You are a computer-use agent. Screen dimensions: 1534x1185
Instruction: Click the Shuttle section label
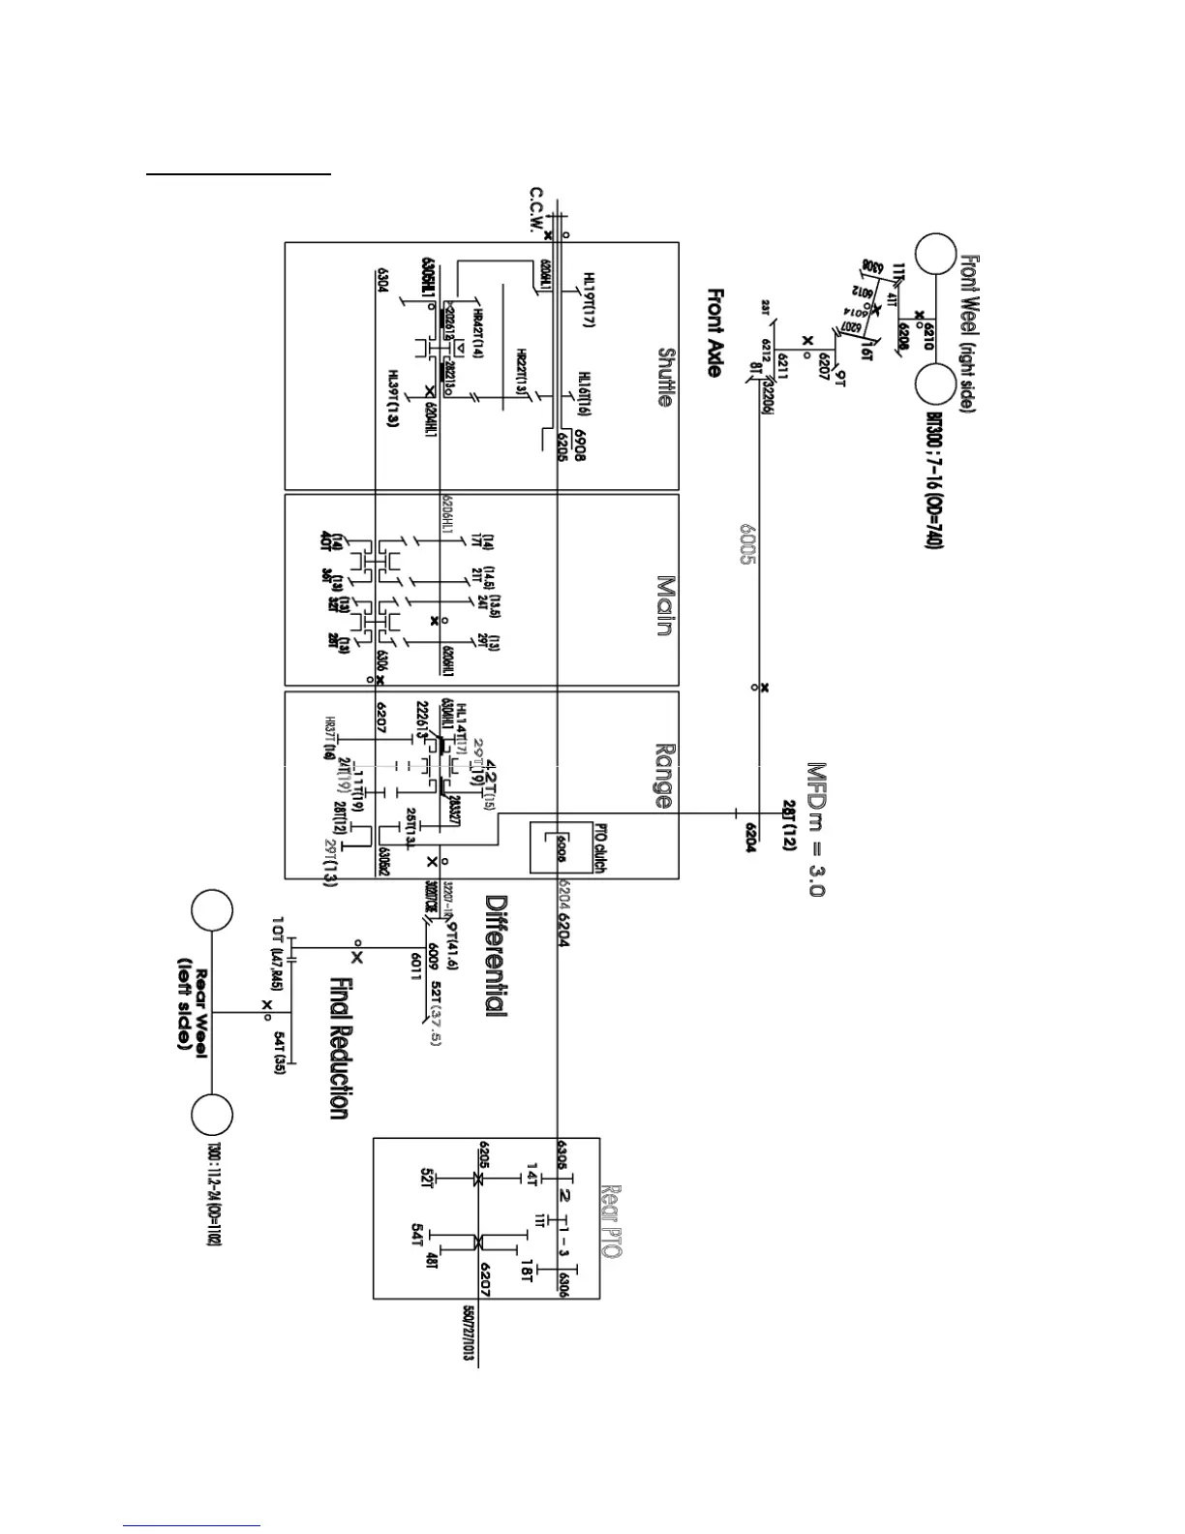tap(665, 378)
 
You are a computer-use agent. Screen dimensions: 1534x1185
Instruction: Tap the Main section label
tap(665, 605)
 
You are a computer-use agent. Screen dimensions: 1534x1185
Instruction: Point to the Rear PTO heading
tap(611, 1221)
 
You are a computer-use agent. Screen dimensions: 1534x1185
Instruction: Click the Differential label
tap(496, 954)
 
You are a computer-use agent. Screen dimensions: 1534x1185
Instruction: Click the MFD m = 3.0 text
tap(816, 830)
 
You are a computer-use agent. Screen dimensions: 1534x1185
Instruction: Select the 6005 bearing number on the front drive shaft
tap(749, 544)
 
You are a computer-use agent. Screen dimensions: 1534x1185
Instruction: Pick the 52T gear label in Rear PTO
tap(427, 1180)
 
